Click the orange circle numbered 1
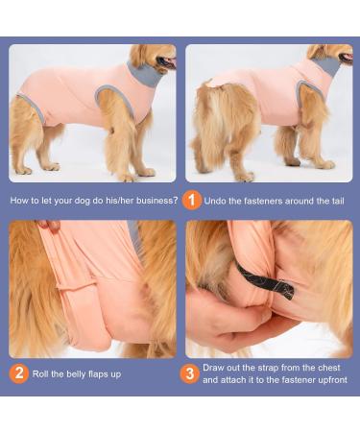(192, 200)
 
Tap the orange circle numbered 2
(19, 373)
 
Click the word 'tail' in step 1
(333, 201)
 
